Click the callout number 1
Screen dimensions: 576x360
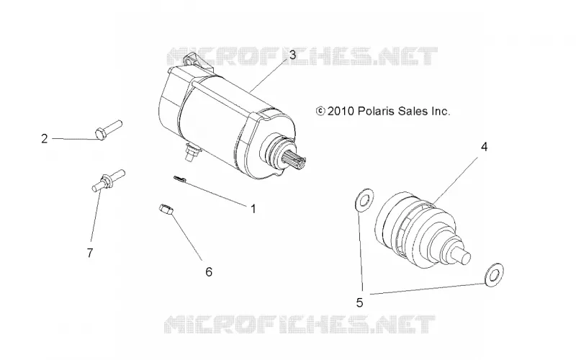[253, 209]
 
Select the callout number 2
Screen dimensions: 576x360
[45, 139]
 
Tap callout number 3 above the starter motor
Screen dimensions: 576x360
[292, 55]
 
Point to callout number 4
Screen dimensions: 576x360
[484, 147]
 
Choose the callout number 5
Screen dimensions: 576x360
[359, 302]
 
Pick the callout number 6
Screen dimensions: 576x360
[209, 272]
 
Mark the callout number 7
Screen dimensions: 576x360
[90, 253]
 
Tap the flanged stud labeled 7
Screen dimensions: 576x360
[108, 180]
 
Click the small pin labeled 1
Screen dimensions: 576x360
[179, 179]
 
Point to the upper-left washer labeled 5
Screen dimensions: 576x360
[364, 200]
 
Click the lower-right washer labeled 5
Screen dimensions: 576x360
[494, 275]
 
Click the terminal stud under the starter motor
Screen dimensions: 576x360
[192, 152]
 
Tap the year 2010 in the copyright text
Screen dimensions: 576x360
[341, 111]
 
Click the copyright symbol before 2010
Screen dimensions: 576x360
[320, 111]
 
